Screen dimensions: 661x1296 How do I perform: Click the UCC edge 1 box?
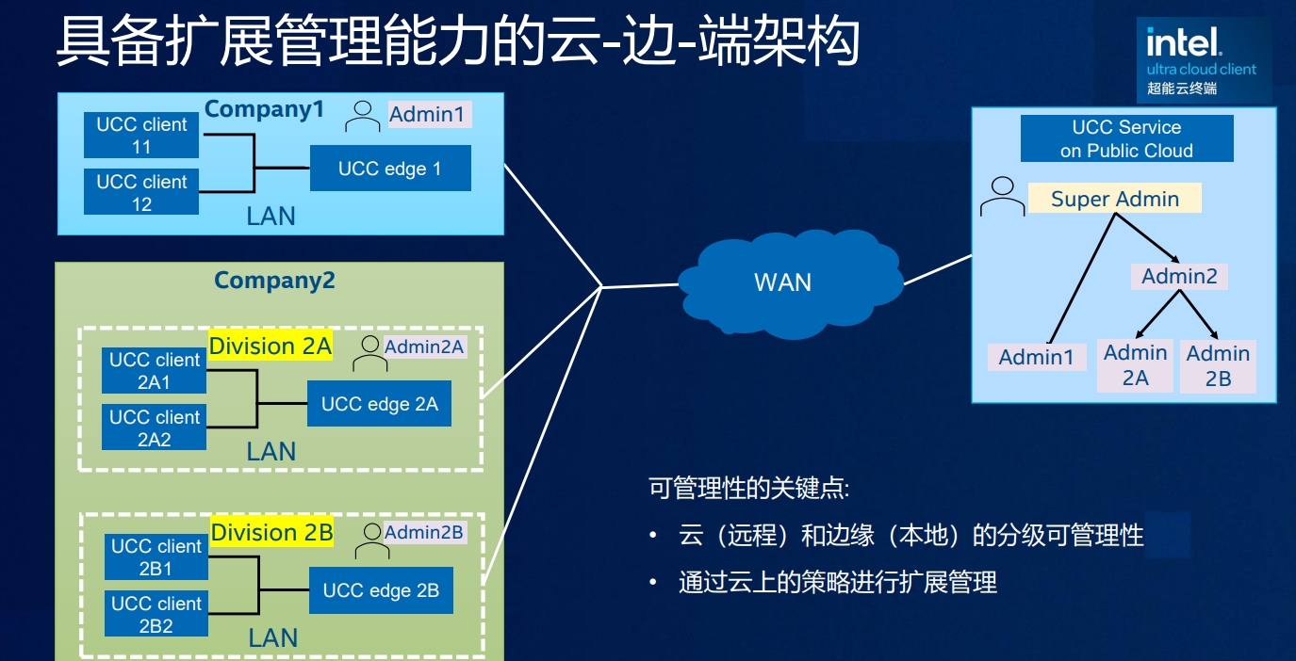click(390, 169)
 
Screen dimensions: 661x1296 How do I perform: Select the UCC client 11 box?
click(141, 136)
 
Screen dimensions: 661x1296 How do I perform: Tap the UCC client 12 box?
click(141, 192)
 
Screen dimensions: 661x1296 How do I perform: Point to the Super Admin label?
click(1114, 199)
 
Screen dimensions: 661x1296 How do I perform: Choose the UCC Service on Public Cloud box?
click(1126, 139)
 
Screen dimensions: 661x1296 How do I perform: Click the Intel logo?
click(1183, 41)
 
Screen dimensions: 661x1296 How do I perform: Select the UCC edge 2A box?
click(379, 404)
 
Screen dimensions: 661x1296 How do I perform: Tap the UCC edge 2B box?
click(381, 590)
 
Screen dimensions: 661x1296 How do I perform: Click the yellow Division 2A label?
click(271, 347)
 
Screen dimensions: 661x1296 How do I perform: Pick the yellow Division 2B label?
click(271, 533)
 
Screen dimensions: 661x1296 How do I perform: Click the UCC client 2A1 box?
click(155, 371)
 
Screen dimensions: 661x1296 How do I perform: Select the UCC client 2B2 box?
click(156, 615)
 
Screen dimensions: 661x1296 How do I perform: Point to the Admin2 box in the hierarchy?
click(1179, 277)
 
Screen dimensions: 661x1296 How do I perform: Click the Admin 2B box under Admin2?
click(1218, 365)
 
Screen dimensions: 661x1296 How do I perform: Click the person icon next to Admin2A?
click(369, 354)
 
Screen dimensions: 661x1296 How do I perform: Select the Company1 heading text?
click(264, 109)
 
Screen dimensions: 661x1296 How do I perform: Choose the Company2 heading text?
click(274, 281)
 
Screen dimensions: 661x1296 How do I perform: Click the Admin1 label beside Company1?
click(427, 115)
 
